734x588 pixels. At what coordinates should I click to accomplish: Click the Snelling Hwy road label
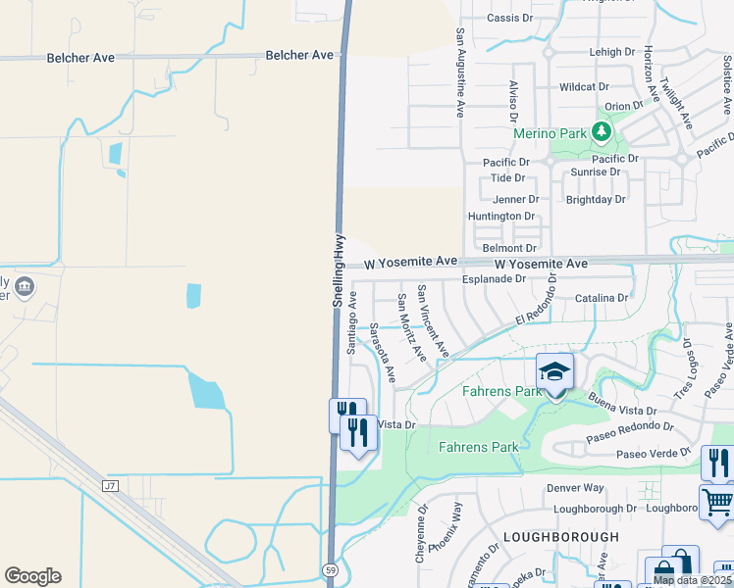(x=339, y=269)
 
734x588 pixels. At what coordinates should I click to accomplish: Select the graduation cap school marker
(x=554, y=372)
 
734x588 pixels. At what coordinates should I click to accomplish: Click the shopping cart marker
(x=717, y=503)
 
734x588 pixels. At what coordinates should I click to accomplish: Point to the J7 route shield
(x=109, y=485)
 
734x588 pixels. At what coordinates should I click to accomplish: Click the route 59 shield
(x=333, y=569)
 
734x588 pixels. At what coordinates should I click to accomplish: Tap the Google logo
(x=32, y=576)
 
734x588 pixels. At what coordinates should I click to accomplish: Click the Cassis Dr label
(x=509, y=19)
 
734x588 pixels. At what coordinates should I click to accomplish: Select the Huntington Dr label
(x=501, y=217)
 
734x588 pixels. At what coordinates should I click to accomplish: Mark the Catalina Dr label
(x=602, y=297)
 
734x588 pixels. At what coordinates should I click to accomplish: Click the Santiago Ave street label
(x=352, y=321)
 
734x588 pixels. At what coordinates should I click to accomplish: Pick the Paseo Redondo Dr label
(x=630, y=427)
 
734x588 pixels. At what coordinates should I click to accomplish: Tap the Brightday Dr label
(x=596, y=199)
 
